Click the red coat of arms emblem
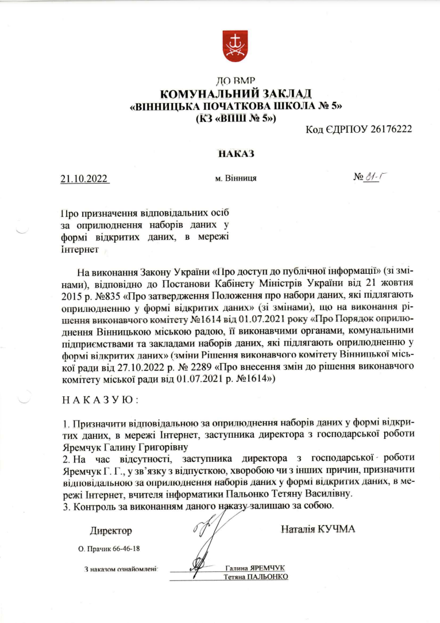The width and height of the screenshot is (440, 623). (x=235, y=44)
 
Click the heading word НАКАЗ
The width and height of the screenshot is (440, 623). (x=236, y=154)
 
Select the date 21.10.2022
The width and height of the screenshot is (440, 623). (x=84, y=178)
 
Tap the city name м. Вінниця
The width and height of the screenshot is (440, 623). (x=236, y=178)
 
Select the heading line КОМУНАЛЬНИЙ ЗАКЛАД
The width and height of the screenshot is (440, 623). (x=235, y=94)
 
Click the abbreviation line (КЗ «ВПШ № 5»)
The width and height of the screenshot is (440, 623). (x=236, y=119)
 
